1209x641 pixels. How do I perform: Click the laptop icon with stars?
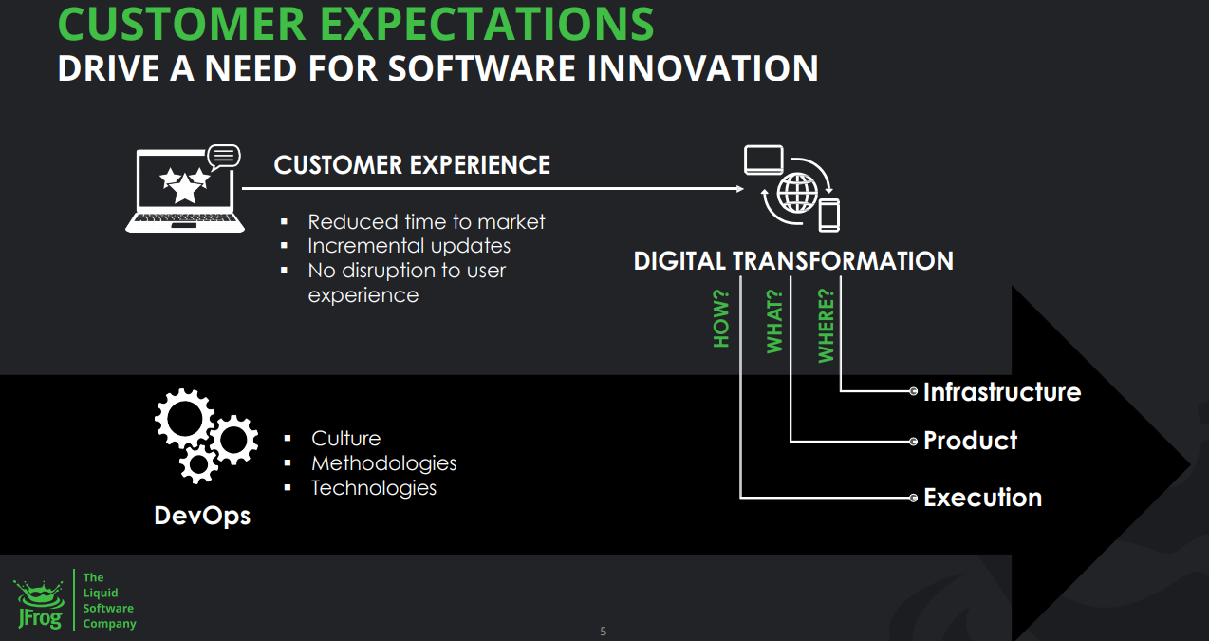185,192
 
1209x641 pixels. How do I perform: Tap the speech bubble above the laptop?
223,157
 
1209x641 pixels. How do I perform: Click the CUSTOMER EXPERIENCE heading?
412,165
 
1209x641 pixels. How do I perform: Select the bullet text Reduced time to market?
426,222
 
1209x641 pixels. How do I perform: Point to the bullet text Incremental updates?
409,246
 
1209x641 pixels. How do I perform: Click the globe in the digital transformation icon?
797,193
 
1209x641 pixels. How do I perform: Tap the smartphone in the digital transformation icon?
829,216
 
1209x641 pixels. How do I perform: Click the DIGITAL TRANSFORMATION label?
793,261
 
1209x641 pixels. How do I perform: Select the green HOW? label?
721,319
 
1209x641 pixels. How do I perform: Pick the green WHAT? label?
774,321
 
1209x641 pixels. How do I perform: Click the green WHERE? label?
826,326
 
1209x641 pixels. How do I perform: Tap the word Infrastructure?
1002,392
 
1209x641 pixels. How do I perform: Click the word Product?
970,441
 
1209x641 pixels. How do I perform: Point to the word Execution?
982,498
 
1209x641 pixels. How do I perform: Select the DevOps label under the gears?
202,517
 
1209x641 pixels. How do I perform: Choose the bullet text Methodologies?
383,463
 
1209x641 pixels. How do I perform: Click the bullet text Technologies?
374,488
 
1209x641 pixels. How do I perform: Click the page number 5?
604,632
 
